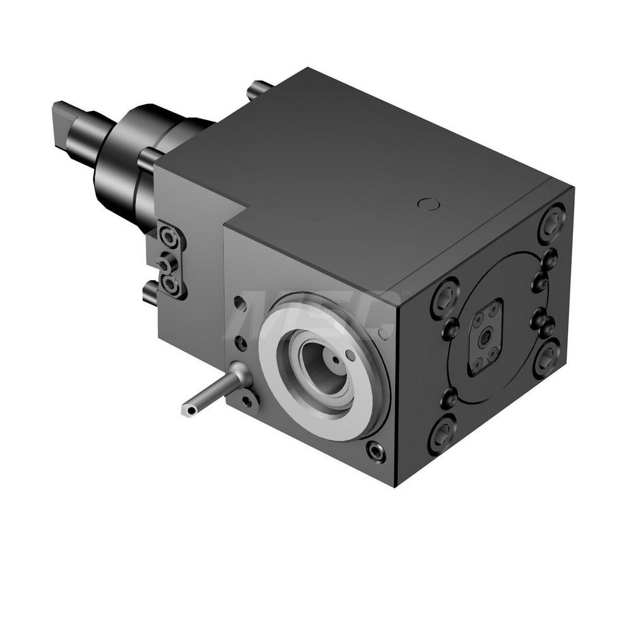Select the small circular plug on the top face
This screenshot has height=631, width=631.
[x=428, y=204]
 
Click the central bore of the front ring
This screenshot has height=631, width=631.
[x=324, y=365]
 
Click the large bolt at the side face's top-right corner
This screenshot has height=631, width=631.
[x=551, y=222]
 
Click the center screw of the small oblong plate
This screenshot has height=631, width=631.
[x=485, y=338]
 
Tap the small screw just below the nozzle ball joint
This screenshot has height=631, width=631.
[x=247, y=400]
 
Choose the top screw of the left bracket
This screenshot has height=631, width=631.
[x=169, y=237]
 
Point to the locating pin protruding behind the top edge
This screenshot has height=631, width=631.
[x=259, y=88]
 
